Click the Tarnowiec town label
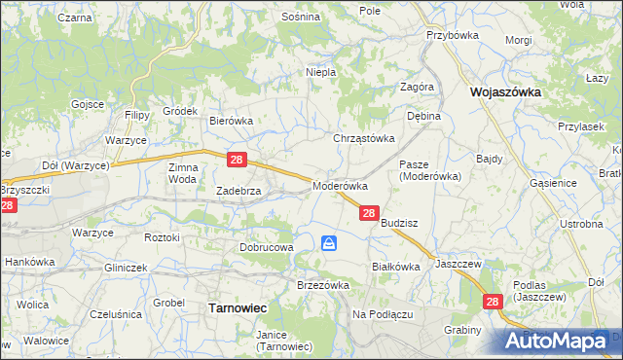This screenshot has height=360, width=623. tap(238, 307)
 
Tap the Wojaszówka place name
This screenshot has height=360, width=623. tap(504, 92)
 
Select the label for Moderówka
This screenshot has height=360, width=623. tap(339, 185)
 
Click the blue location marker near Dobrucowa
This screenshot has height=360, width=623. tap(330, 244)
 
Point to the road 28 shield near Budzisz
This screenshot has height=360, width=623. tap(369, 213)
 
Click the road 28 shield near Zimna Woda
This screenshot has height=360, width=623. tap(237, 159)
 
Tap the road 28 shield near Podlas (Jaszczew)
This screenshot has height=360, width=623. tap(494, 304)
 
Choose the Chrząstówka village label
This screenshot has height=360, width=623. tap(365, 138)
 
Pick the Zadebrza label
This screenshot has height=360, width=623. tap(238, 192)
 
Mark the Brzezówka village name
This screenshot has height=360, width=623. tap(322, 285)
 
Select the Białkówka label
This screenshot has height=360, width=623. tap(395, 266)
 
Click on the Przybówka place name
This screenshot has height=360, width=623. tap(449, 34)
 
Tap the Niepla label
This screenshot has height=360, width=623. tap(321, 72)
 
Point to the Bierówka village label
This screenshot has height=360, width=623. tap(232, 121)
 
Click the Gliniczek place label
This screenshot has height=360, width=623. tap(126, 268)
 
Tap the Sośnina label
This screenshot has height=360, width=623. tap(300, 17)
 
